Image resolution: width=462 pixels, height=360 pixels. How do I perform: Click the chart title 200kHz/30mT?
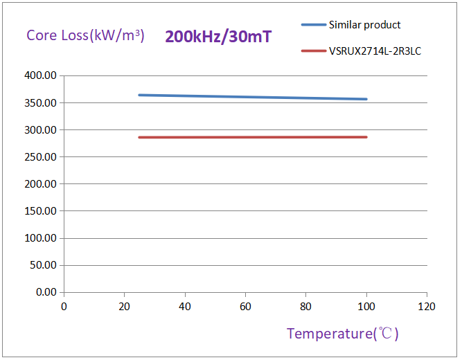point(217,37)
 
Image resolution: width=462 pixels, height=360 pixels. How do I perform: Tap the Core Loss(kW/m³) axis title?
point(85,35)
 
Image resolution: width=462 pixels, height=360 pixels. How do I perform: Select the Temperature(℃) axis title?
point(343,334)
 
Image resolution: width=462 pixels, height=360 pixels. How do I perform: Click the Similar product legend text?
point(364,25)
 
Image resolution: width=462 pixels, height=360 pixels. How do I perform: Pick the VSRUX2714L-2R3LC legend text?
point(374,51)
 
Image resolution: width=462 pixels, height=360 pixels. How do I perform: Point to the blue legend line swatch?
point(313,25)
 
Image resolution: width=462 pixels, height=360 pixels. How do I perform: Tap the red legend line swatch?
point(313,51)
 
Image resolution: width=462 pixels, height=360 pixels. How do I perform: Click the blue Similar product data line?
point(252,97)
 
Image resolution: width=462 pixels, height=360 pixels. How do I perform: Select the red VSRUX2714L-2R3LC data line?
point(252,137)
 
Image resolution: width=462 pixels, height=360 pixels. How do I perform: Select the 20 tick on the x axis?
point(124,306)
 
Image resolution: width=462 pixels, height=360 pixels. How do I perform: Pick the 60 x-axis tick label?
point(245,306)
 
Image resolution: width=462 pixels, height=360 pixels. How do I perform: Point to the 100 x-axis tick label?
point(366,306)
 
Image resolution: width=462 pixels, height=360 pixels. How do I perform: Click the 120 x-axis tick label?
point(427,306)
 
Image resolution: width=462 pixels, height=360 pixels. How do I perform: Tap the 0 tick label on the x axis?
point(64,306)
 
